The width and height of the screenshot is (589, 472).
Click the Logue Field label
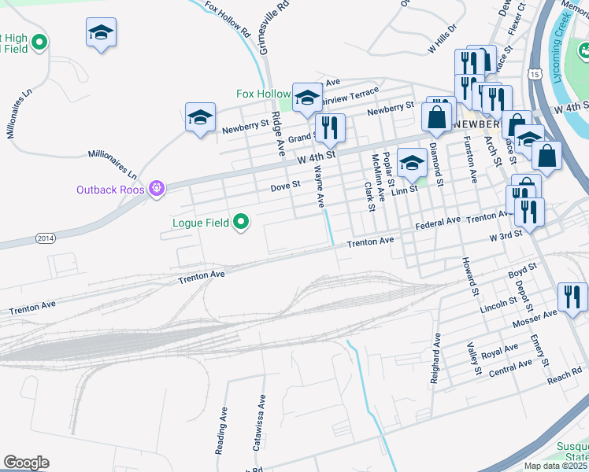point(201,223)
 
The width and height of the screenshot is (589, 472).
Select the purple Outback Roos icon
point(157,188)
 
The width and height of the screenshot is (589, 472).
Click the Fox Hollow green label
point(263,94)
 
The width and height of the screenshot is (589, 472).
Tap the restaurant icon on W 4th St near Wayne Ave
point(330,128)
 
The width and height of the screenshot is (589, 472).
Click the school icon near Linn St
point(411,164)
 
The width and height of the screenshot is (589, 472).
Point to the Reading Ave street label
point(221,430)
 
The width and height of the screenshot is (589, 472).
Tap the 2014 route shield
point(46,238)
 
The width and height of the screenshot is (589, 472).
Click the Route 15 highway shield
point(535,74)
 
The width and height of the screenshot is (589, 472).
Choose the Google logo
point(26,462)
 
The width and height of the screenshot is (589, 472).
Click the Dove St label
point(286,186)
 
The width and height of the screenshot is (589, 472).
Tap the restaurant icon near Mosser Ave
point(572,297)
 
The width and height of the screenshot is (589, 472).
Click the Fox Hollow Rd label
point(227,20)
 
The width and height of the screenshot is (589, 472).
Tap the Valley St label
point(473,358)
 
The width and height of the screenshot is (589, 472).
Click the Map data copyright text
point(556,466)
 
